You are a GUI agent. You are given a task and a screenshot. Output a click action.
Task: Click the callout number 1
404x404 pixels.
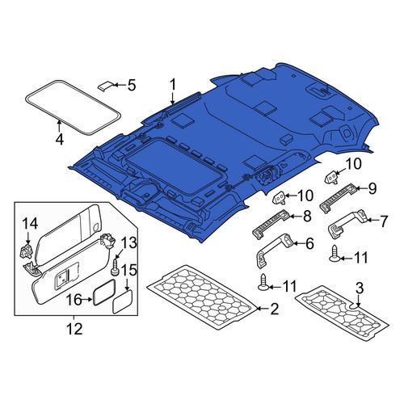[172, 85]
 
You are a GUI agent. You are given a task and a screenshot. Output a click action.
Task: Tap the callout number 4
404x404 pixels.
[60, 139]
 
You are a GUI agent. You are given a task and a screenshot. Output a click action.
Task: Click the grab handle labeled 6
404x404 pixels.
[273, 250]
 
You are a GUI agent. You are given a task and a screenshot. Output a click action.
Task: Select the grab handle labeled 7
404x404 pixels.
[347, 223]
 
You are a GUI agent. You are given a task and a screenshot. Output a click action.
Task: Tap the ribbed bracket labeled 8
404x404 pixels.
[271, 224]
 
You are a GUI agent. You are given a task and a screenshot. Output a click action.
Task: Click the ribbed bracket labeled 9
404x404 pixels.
[339, 198]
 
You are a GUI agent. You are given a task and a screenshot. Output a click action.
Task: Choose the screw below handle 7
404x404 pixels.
[335, 254]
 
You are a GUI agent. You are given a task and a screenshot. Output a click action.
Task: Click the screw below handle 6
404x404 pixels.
[264, 283]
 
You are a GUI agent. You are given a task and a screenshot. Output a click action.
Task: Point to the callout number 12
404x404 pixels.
[74, 329]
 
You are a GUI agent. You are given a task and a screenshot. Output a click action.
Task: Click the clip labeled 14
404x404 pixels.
[27, 250]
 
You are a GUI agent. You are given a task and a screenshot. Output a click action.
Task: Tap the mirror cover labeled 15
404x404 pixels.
[123, 301]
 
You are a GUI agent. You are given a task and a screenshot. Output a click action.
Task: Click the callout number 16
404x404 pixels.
[74, 300]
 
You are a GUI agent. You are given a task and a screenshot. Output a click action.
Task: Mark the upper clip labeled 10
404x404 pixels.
[331, 177]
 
